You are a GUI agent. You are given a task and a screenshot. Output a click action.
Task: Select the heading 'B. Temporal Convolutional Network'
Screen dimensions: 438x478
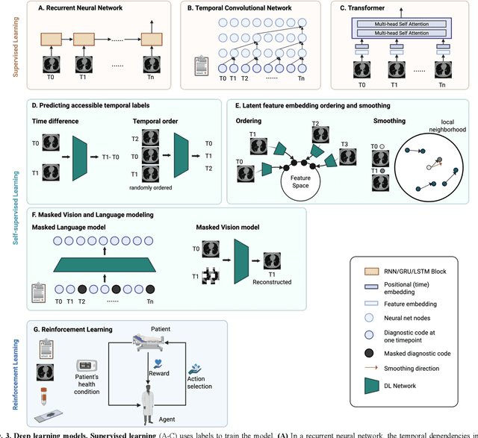(238, 9)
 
